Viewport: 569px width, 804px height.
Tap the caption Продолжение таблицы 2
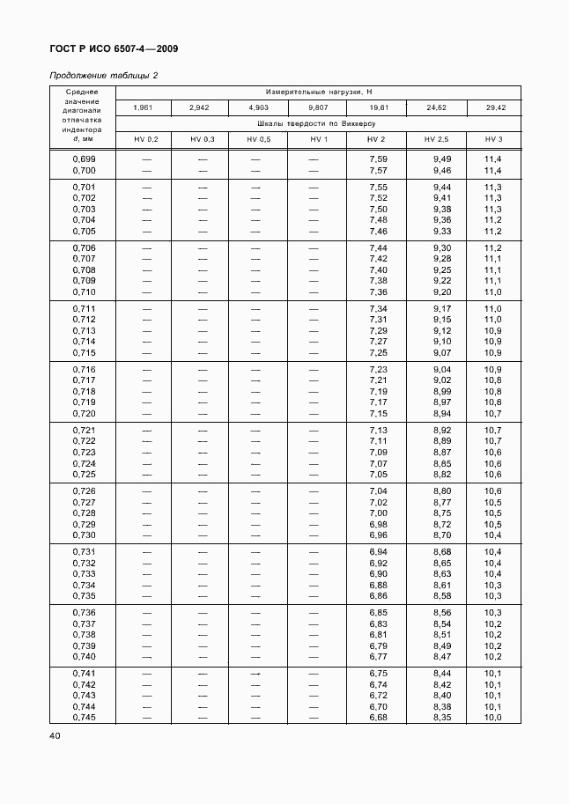(x=103, y=76)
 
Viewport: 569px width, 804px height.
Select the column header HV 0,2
(x=146, y=140)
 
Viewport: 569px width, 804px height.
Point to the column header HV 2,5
(x=436, y=140)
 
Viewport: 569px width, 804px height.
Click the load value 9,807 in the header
(x=318, y=107)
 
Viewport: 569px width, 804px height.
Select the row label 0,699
(x=84, y=159)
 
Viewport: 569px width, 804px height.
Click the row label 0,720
(x=84, y=414)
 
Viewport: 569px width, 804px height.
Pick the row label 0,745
(x=84, y=718)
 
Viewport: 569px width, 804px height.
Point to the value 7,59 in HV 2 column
(x=378, y=159)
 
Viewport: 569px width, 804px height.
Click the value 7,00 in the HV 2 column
(x=378, y=513)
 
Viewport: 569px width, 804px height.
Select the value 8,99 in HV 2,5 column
(x=442, y=392)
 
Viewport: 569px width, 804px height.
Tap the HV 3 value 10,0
(x=492, y=718)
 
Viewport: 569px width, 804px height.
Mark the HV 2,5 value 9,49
(x=442, y=159)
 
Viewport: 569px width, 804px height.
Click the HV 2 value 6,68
(x=378, y=718)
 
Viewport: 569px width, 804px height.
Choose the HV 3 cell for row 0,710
(x=492, y=292)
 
